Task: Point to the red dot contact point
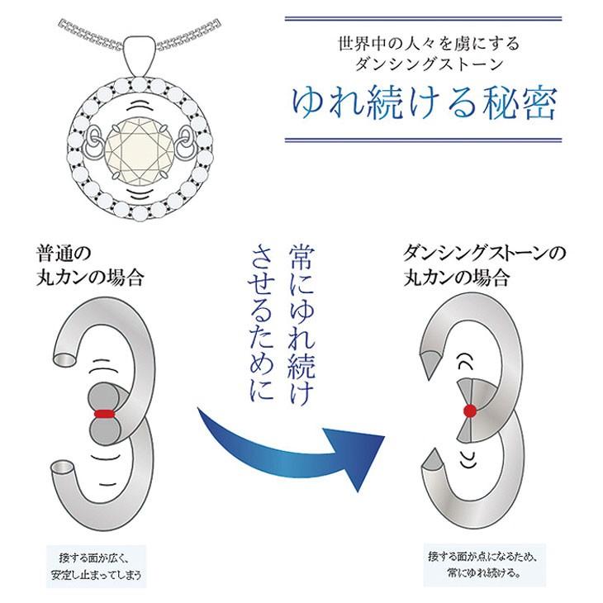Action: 470,411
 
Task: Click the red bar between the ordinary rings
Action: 104,412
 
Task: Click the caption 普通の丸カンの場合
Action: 91,264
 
